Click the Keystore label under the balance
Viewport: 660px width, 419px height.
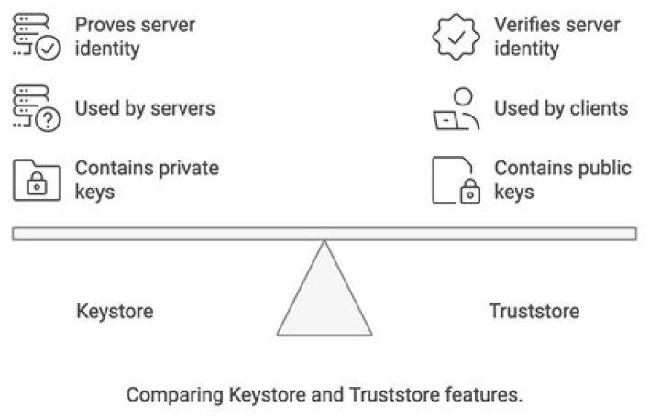click(x=115, y=312)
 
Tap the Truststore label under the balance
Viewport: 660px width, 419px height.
click(x=534, y=312)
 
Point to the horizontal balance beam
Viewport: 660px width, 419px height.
click(x=324, y=234)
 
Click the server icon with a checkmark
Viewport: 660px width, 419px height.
click(x=37, y=37)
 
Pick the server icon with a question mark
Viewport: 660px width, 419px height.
click(x=37, y=108)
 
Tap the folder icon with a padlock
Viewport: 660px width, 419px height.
click(x=37, y=181)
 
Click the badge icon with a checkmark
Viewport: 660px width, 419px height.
click(x=456, y=37)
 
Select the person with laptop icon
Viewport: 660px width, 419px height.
click(x=456, y=108)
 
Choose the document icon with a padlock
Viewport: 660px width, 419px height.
click(x=456, y=181)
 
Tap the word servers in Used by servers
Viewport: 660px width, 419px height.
click(x=182, y=108)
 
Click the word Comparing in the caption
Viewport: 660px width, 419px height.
click(x=175, y=395)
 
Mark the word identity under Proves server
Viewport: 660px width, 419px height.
click(x=107, y=49)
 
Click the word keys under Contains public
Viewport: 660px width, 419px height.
click(x=514, y=193)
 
